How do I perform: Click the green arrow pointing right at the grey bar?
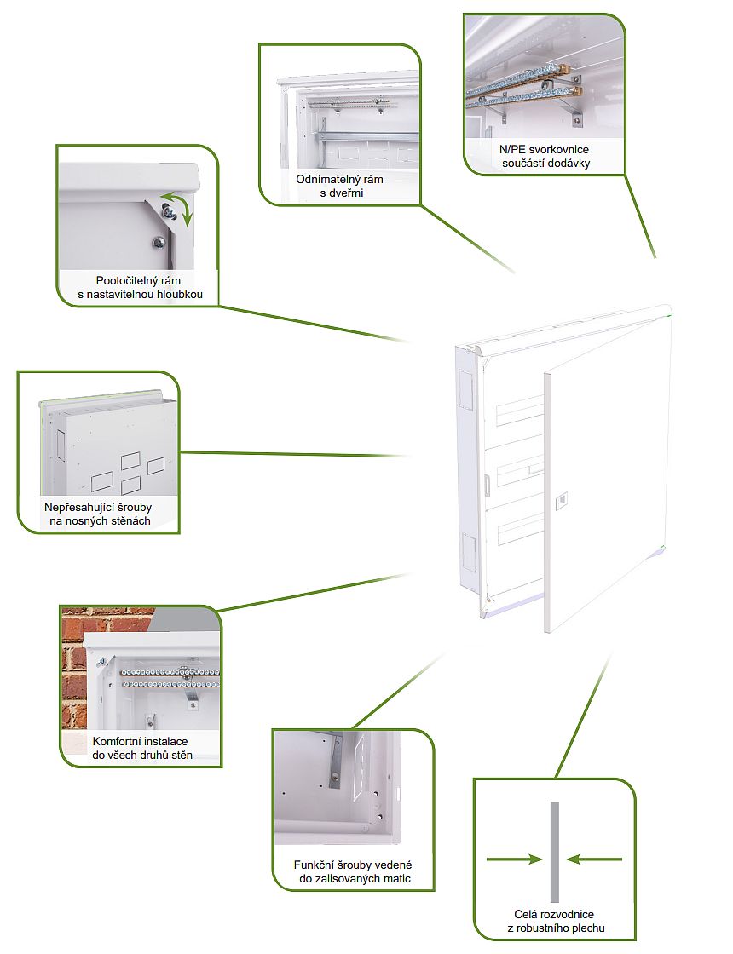click(x=515, y=859)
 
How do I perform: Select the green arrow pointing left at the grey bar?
click(x=594, y=859)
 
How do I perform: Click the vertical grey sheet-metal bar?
click(x=555, y=852)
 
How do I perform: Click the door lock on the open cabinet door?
click(x=562, y=500)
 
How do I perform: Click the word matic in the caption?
click(x=397, y=878)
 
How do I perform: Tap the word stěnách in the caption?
click(x=130, y=520)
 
